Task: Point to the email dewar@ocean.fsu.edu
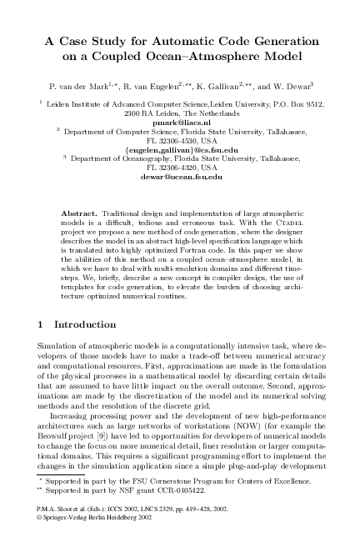tap(180, 177)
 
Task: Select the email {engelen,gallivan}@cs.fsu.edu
tap(180, 149)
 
